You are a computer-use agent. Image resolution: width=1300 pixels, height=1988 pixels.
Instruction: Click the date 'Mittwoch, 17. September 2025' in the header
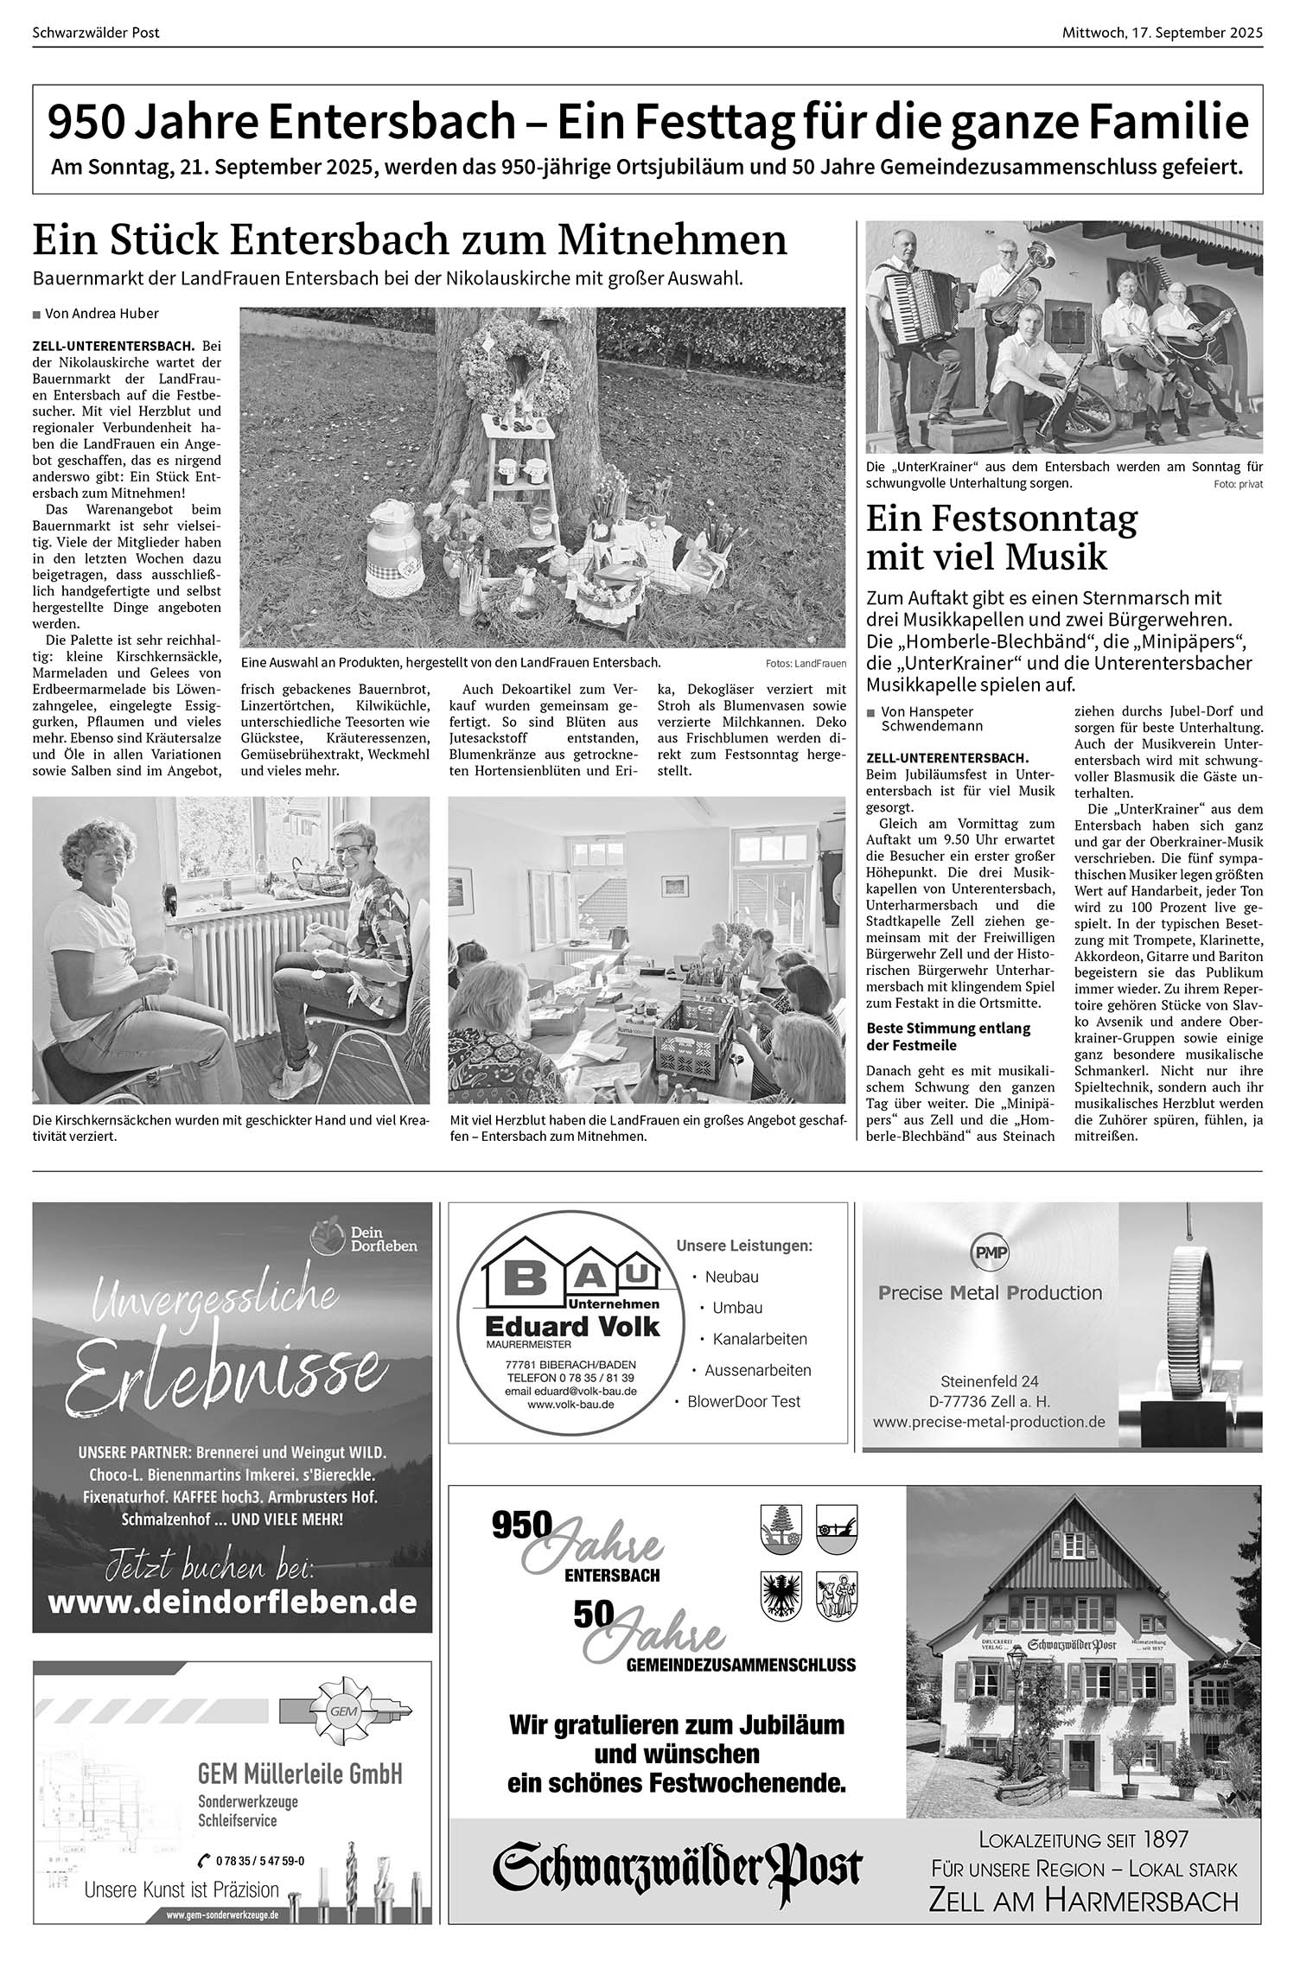click(1163, 33)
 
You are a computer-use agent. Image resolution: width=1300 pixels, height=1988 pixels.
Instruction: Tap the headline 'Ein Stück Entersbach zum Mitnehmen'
click(410, 240)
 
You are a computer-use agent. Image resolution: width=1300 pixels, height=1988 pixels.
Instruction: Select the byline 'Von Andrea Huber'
click(101, 314)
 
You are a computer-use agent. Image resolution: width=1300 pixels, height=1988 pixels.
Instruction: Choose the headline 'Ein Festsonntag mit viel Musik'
click(1002, 538)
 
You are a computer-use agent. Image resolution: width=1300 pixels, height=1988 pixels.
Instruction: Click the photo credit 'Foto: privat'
click(1238, 485)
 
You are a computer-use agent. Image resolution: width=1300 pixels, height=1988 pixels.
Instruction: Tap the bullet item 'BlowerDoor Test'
click(743, 1401)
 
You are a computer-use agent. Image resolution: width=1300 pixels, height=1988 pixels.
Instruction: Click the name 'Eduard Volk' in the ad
click(572, 1326)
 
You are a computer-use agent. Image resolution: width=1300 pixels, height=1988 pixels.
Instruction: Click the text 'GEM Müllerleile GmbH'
click(300, 1775)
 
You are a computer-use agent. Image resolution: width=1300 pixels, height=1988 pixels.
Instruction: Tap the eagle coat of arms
click(781, 1595)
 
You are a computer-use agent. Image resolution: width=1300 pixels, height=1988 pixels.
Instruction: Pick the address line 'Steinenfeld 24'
click(989, 1381)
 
